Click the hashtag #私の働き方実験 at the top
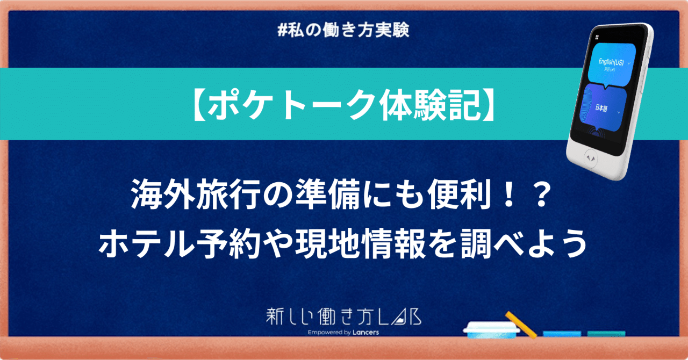[x=344, y=31]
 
